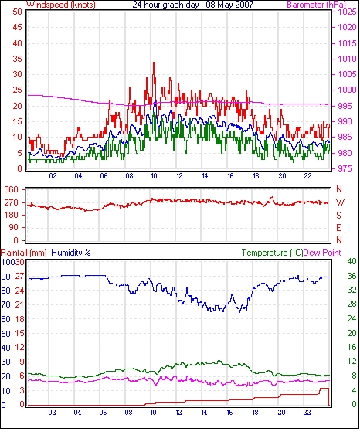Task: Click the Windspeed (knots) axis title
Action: (x=61, y=5)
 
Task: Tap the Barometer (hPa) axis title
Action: (x=317, y=5)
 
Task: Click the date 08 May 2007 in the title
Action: (x=229, y=5)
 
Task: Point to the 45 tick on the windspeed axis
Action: (x=17, y=27)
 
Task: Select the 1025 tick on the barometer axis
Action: (x=347, y=12)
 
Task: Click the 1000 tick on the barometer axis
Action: (x=347, y=90)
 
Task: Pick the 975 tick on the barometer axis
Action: (x=345, y=168)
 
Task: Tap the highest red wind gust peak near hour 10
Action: (x=154, y=63)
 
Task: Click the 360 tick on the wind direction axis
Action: (x=12, y=190)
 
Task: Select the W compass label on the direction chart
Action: (x=340, y=202)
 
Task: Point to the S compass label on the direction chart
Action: (x=338, y=215)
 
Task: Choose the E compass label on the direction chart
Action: (x=338, y=228)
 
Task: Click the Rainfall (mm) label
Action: (x=24, y=253)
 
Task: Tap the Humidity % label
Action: (x=71, y=253)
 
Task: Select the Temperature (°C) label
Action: (x=272, y=253)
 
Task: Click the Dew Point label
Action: (x=322, y=253)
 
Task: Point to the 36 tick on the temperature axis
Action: (x=352, y=276)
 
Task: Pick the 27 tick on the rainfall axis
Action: (x=19, y=277)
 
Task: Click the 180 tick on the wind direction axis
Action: (x=12, y=215)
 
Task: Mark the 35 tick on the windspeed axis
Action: (x=17, y=59)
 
